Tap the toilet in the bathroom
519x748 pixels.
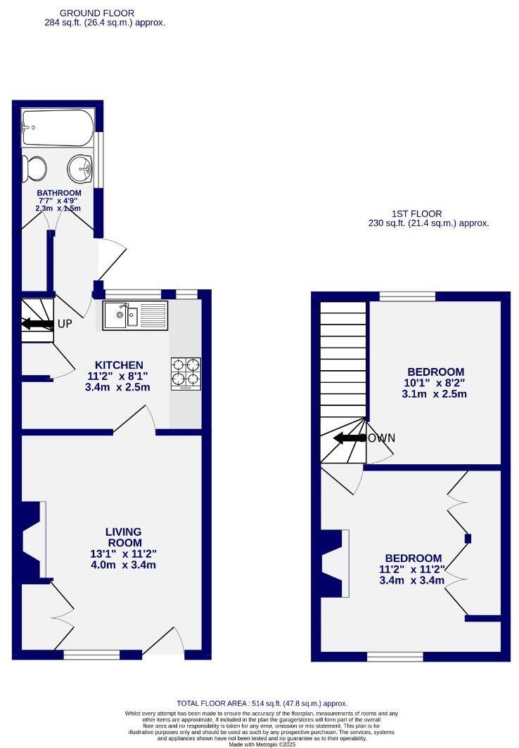tap(35, 169)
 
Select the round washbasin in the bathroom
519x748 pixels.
tap(81, 169)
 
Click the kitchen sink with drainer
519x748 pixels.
tap(135, 316)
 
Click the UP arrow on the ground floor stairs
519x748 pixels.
tap(38, 324)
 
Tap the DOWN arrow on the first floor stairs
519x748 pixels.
tap(349, 438)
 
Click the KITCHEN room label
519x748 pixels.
tap(120, 365)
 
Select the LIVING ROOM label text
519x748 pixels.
tap(124, 537)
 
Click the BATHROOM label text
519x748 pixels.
tap(59, 193)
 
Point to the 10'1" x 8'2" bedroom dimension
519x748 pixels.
tap(435, 383)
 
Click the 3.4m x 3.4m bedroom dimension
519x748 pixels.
tap(411, 580)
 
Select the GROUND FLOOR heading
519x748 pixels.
tap(97, 13)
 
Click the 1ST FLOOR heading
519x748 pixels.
tap(417, 214)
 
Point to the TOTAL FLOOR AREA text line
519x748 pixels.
tap(262, 703)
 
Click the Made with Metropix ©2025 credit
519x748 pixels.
tap(262, 744)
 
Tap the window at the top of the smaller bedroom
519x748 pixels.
tap(406, 296)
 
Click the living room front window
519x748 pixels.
tap(91, 655)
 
